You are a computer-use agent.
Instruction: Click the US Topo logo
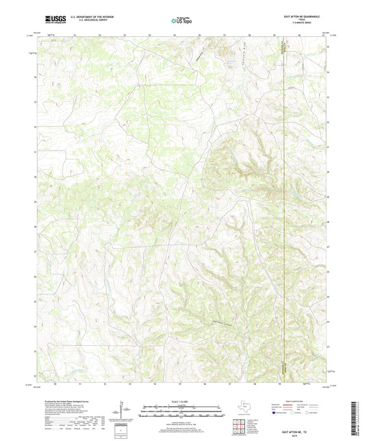[181, 21]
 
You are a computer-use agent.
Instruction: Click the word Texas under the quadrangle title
[299, 19]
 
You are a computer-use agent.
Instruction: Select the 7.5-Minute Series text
[299, 23]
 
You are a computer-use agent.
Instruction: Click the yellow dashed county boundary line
[284, 205]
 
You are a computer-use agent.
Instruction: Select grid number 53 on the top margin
[125, 34]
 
